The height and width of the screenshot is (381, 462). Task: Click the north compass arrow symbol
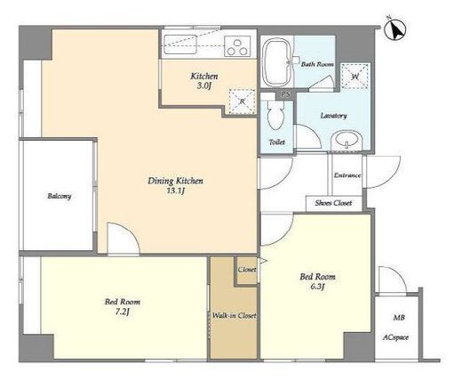pos(394,28)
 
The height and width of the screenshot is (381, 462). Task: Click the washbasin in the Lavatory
pos(347,141)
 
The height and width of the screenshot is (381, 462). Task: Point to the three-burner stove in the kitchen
pos(237,46)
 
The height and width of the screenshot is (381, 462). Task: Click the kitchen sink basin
pos(180,45)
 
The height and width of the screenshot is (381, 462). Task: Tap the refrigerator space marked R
pos(242,101)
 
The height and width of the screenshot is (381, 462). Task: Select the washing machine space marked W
pos(354,77)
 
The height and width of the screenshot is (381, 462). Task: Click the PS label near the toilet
pos(285,95)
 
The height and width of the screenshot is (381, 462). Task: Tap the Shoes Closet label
pos(333,203)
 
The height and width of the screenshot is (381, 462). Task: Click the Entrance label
pos(347,175)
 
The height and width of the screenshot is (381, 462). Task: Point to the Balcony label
pos(60,197)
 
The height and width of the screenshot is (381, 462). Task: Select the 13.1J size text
pos(176,190)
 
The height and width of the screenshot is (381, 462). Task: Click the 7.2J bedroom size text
pos(123,312)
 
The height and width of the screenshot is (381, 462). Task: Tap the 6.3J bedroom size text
pos(317,287)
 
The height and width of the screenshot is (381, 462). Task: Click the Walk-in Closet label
pos(235,316)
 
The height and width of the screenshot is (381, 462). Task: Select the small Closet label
pos(247,270)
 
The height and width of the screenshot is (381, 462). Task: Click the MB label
pos(399,318)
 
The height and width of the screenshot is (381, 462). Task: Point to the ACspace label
pos(395,337)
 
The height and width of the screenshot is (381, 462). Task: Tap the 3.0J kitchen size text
pos(204,86)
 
